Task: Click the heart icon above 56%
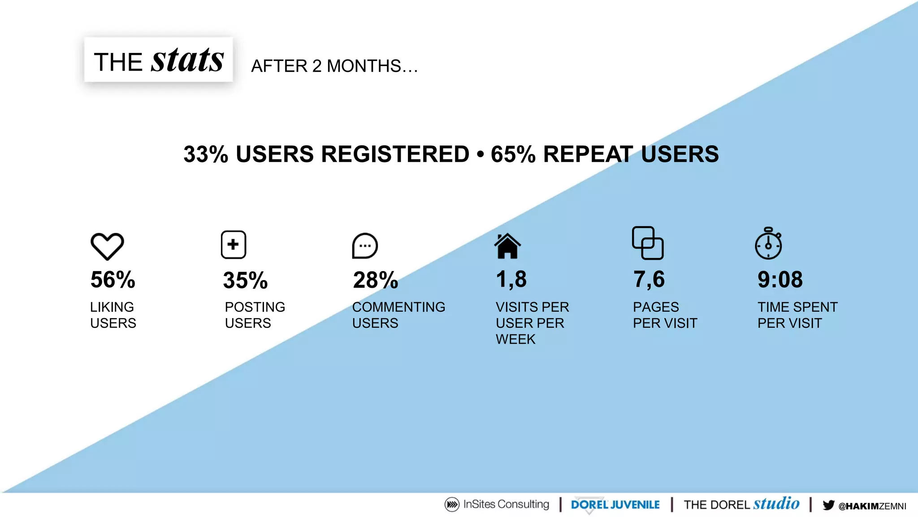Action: coord(107,246)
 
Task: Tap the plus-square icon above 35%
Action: coord(234,245)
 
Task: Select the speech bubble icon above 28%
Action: coord(365,246)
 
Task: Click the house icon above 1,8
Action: coord(507,246)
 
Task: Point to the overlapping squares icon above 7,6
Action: coord(648,243)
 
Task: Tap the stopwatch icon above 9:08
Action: coord(768,244)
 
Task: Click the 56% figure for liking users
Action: coord(113,280)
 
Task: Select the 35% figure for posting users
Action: coord(245,280)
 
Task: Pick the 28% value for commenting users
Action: coord(376,280)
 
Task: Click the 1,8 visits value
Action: coord(511,279)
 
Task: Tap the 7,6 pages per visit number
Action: coord(649,279)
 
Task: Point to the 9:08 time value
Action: coord(780,280)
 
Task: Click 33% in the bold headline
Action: coord(206,154)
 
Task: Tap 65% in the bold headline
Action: coord(513,154)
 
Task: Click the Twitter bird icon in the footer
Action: coord(828,505)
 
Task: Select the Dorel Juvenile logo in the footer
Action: coord(615,505)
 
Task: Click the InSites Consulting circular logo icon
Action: coord(452,504)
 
